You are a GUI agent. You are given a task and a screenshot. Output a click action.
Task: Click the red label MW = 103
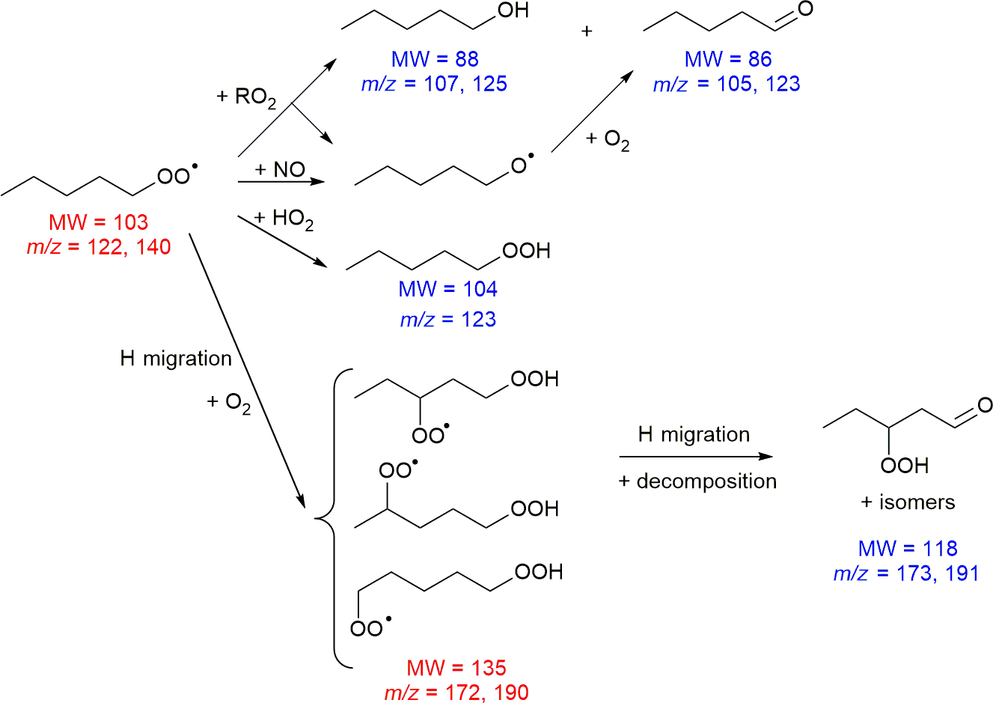coord(99,222)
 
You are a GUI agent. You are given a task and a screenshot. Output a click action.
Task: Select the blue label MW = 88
coord(435,59)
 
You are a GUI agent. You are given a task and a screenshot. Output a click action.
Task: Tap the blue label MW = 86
coord(728,59)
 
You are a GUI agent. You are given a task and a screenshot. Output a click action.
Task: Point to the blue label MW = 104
coord(447,289)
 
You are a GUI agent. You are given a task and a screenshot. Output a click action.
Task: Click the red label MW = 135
coord(456,668)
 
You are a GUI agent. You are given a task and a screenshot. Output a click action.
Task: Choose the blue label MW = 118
coord(908,548)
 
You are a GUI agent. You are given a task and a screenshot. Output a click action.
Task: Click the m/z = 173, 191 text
coord(906,573)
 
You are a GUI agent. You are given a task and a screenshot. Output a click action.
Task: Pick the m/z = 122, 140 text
coord(99,247)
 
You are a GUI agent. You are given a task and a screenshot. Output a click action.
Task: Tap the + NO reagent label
coord(280,170)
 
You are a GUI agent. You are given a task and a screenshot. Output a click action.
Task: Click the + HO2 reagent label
coord(284,219)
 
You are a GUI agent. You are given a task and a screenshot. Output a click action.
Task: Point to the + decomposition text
coord(697,481)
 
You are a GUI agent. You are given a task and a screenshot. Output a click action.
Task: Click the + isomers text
coord(908,502)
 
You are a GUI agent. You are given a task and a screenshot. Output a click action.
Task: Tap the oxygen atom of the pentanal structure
coord(805,10)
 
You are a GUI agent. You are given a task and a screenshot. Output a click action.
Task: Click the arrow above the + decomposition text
coord(695,457)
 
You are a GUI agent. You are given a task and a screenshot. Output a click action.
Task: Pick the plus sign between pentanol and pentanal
coord(587,31)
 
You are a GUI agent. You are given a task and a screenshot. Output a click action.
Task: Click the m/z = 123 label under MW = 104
coord(447,320)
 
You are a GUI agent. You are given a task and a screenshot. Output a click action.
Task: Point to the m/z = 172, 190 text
coord(456,693)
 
